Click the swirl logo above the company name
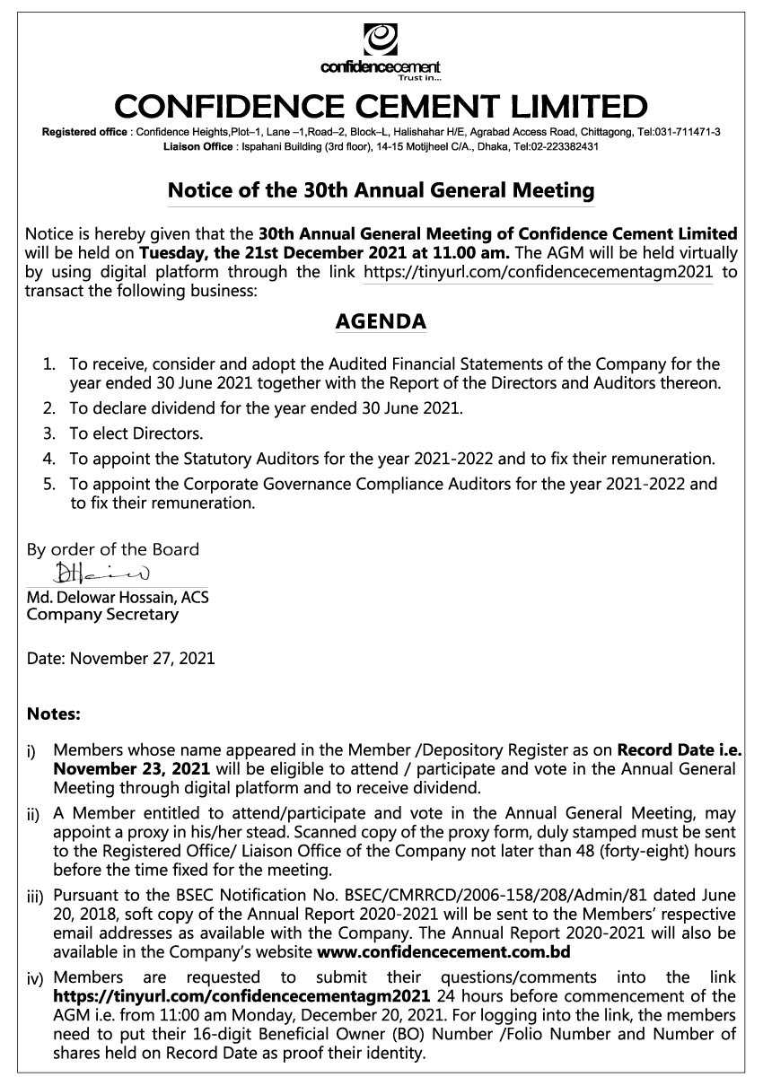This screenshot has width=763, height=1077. (381, 40)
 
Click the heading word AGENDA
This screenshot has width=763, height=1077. (381, 321)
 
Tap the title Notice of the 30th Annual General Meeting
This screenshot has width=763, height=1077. (381, 190)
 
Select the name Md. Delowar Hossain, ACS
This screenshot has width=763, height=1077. (118, 596)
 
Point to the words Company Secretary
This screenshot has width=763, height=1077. (102, 615)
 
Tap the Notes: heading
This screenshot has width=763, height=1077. (54, 715)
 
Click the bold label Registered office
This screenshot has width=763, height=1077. (86, 132)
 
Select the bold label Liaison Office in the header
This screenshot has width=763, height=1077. (198, 145)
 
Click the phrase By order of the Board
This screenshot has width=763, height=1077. (113, 549)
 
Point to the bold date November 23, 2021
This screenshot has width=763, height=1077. (132, 769)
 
